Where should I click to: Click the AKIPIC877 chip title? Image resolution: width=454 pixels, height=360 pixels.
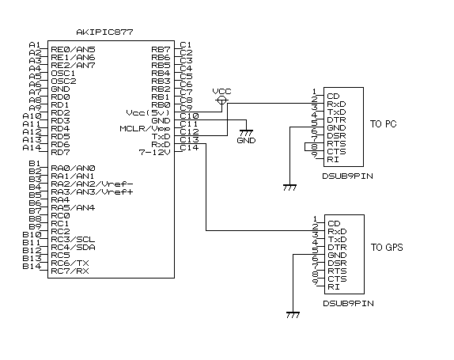(104, 32)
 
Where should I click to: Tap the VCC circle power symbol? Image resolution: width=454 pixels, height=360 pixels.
(221, 100)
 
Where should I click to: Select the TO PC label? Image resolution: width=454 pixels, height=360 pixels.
(383, 124)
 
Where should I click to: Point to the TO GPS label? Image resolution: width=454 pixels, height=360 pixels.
(387, 248)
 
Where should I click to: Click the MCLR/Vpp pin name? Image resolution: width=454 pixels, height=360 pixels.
(145, 129)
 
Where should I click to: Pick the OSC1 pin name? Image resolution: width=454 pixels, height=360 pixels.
(62, 74)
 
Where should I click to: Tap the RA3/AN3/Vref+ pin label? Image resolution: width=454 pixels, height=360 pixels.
(92, 191)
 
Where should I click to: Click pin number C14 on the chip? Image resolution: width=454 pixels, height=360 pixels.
(189, 148)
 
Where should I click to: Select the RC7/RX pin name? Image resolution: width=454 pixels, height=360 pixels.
(70, 271)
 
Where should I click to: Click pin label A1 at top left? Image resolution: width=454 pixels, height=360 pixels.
(35, 45)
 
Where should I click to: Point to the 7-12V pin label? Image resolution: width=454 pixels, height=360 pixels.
(154, 152)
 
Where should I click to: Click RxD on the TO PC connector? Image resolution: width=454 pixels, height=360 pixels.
(336, 104)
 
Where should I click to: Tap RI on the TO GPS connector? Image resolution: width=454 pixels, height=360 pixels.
(334, 287)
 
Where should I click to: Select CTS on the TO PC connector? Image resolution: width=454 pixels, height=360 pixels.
(336, 151)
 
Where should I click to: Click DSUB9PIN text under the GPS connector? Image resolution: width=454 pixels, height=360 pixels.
(348, 304)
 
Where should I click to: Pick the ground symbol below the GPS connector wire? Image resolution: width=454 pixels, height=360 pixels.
(293, 315)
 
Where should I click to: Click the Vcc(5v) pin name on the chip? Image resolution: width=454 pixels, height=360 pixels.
(148, 112)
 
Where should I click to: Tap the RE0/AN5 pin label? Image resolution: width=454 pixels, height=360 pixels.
(73, 50)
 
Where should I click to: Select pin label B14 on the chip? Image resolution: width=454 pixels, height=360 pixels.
(32, 266)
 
